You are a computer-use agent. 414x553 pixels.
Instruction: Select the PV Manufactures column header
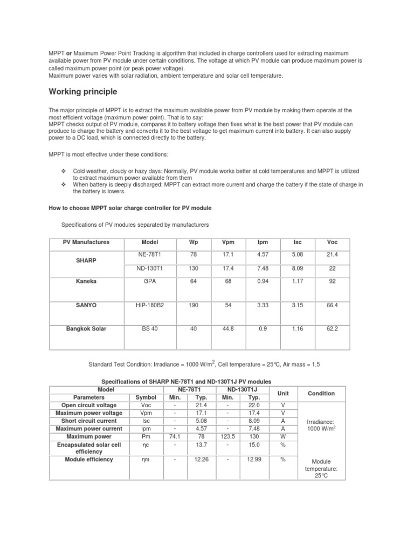pyautogui.click(x=86, y=242)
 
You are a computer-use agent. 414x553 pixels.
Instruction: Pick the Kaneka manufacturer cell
pyautogui.click(x=86, y=281)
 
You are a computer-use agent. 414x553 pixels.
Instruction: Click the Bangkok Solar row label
pyautogui.click(x=86, y=329)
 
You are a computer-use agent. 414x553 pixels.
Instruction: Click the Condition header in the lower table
pyautogui.click(x=321, y=394)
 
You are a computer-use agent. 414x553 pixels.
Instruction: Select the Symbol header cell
pyautogui.click(x=144, y=397)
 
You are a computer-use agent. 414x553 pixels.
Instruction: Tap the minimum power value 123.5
pyautogui.click(x=229, y=436)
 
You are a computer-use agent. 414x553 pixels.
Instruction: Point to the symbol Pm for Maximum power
pyautogui.click(x=144, y=436)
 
